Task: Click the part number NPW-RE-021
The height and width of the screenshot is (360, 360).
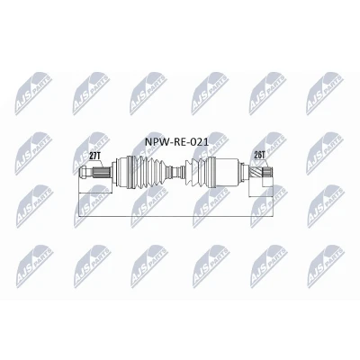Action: [x=176, y=141]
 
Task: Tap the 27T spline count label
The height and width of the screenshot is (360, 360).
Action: [x=94, y=156]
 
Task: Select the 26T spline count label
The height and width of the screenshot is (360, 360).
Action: [x=260, y=155]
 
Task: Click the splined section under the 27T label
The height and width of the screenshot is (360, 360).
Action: [x=101, y=172]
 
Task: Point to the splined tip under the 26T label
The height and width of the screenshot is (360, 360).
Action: [x=267, y=172]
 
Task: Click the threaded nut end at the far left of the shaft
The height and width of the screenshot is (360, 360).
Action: [x=85, y=172]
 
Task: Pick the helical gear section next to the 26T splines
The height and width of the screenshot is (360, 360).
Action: [x=256, y=172]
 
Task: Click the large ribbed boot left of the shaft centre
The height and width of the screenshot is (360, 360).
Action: [x=148, y=172]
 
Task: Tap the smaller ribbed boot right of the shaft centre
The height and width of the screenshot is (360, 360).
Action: [x=195, y=172]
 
